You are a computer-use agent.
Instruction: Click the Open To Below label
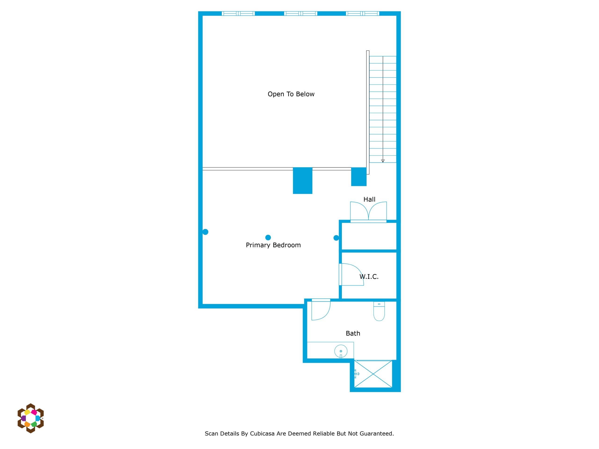click(x=291, y=94)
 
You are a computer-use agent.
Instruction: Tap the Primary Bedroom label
click(x=273, y=245)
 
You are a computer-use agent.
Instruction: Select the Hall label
click(x=369, y=199)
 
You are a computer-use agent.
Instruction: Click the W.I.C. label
click(x=369, y=277)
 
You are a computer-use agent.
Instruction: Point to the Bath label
click(x=353, y=333)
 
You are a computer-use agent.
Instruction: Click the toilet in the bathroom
click(x=379, y=311)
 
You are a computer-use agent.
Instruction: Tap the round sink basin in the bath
click(x=341, y=351)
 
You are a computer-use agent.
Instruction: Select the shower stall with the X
click(x=373, y=374)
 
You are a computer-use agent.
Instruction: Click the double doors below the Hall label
click(x=368, y=212)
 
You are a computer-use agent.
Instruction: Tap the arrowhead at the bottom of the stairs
click(x=383, y=161)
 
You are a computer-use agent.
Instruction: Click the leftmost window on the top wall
click(x=238, y=14)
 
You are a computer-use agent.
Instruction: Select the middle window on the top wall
click(x=301, y=14)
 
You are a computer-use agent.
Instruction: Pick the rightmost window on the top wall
click(x=363, y=14)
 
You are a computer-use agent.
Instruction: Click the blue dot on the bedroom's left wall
click(x=205, y=232)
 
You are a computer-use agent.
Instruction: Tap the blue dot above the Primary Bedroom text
click(x=268, y=238)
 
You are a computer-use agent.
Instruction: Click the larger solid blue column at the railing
click(x=303, y=181)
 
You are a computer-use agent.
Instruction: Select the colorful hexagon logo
click(x=31, y=418)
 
